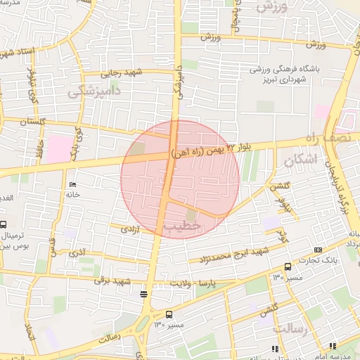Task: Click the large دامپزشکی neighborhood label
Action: click(96, 92)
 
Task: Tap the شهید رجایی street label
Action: click(124, 72)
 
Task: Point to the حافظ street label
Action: click(41, 148)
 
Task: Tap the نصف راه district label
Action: click(339, 132)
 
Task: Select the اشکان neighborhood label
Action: click(301, 160)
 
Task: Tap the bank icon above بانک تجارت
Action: click(319, 250)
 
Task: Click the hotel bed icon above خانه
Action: click(72, 185)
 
